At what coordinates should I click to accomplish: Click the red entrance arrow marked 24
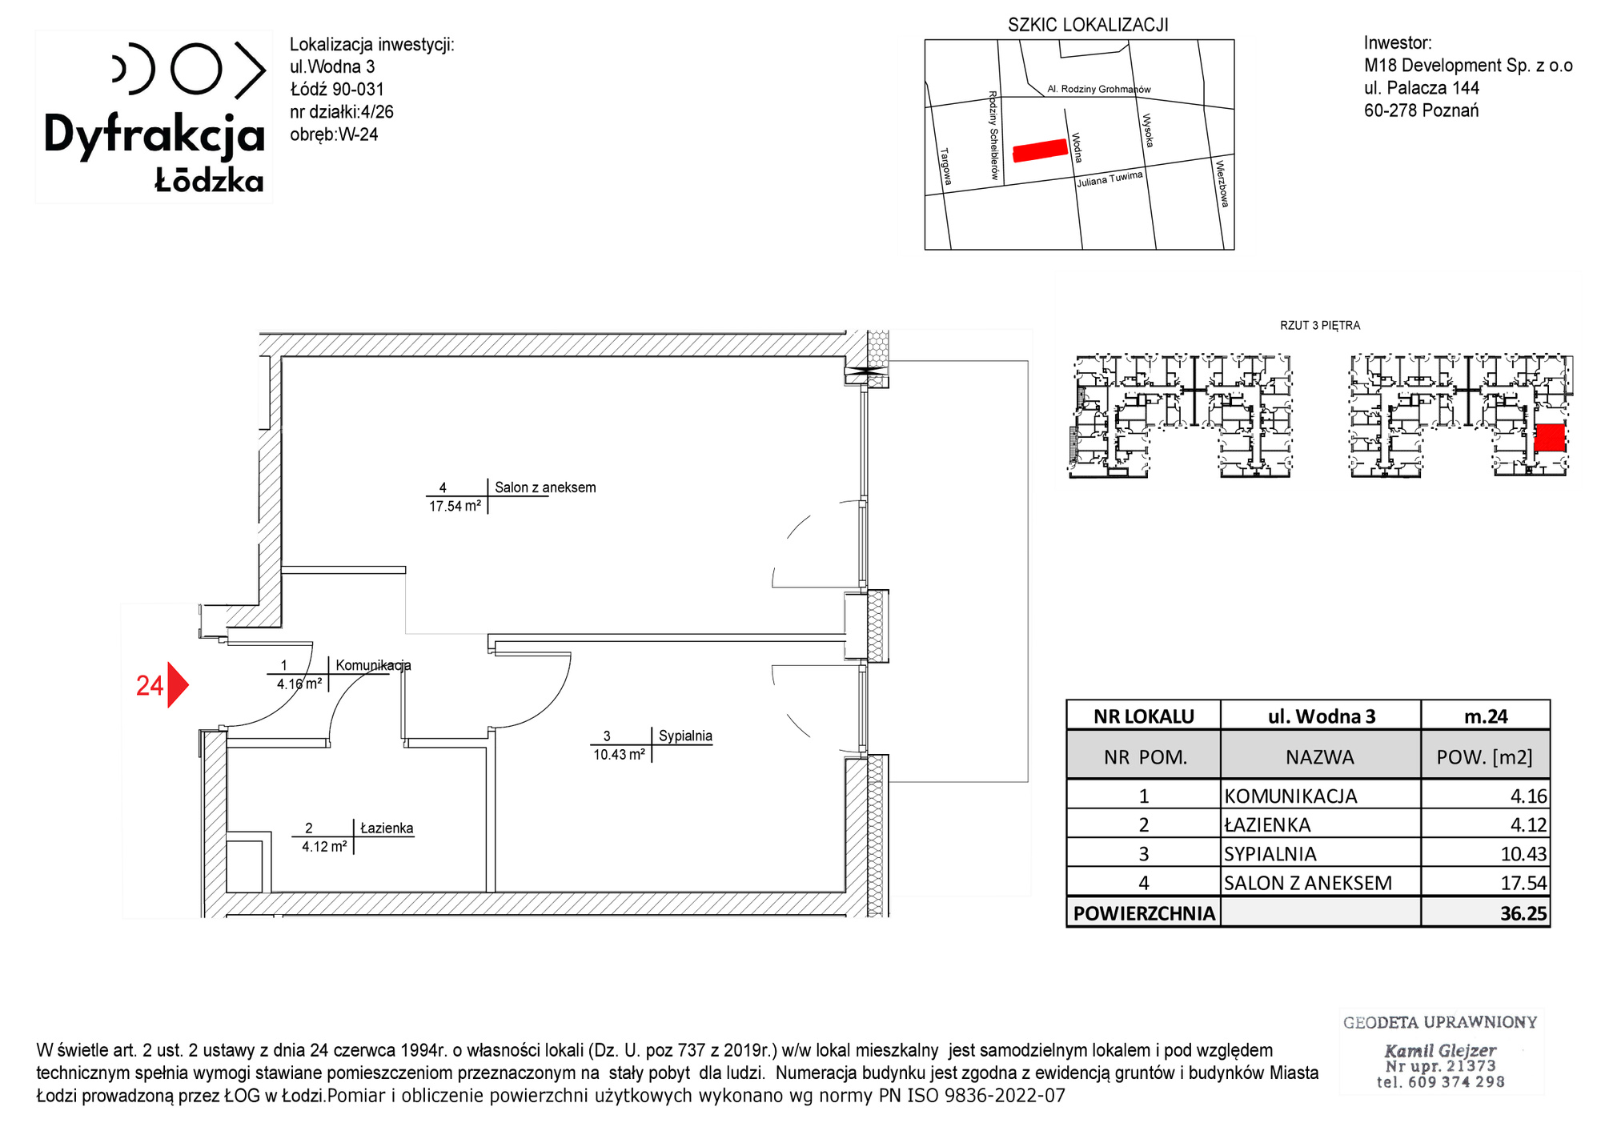(x=178, y=685)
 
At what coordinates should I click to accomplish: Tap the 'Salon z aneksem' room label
(x=545, y=487)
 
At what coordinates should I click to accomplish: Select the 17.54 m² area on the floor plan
(x=455, y=506)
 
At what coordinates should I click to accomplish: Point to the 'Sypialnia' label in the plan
(x=685, y=736)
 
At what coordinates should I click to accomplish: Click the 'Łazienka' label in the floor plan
(x=387, y=828)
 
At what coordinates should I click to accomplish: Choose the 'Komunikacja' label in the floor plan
(x=373, y=665)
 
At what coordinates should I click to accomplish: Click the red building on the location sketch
(x=1041, y=150)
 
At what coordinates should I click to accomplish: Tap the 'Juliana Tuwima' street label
(x=1109, y=179)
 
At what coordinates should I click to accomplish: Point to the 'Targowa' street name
(x=946, y=166)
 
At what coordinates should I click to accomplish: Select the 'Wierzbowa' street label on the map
(x=1222, y=183)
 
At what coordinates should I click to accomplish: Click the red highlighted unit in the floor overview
(x=1550, y=438)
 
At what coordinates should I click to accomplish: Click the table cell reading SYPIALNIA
(x=1270, y=854)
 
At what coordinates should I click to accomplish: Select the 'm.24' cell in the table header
(x=1486, y=716)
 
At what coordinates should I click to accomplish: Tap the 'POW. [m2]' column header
(x=1485, y=757)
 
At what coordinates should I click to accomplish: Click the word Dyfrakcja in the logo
(x=154, y=135)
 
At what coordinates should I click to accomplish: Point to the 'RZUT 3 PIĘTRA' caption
(x=1320, y=326)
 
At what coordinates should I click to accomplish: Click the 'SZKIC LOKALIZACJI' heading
(x=1088, y=25)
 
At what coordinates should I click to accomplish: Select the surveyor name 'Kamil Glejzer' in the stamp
(x=1440, y=1050)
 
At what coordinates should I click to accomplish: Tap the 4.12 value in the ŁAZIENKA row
(x=1528, y=824)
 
